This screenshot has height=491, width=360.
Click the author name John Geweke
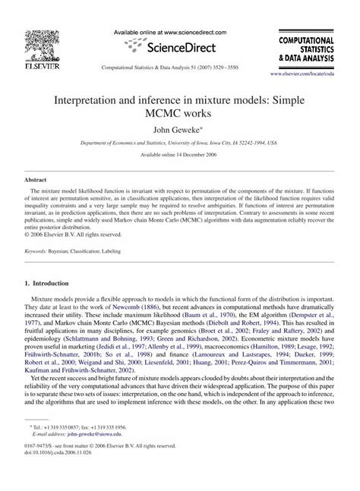(x=179, y=128)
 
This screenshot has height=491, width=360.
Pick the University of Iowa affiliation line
(x=179, y=142)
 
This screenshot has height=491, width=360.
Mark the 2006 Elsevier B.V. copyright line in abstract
(x=70, y=234)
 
